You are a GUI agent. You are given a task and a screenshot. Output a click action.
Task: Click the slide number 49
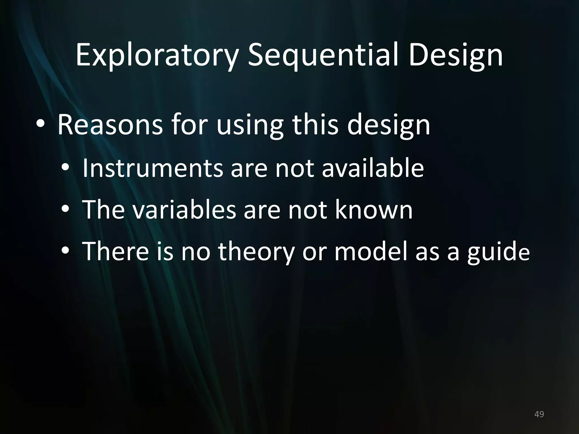tap(539, 415)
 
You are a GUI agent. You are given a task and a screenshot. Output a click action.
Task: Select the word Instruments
tap(152, 168)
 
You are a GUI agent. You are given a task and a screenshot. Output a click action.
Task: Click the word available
tap(373, 168)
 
